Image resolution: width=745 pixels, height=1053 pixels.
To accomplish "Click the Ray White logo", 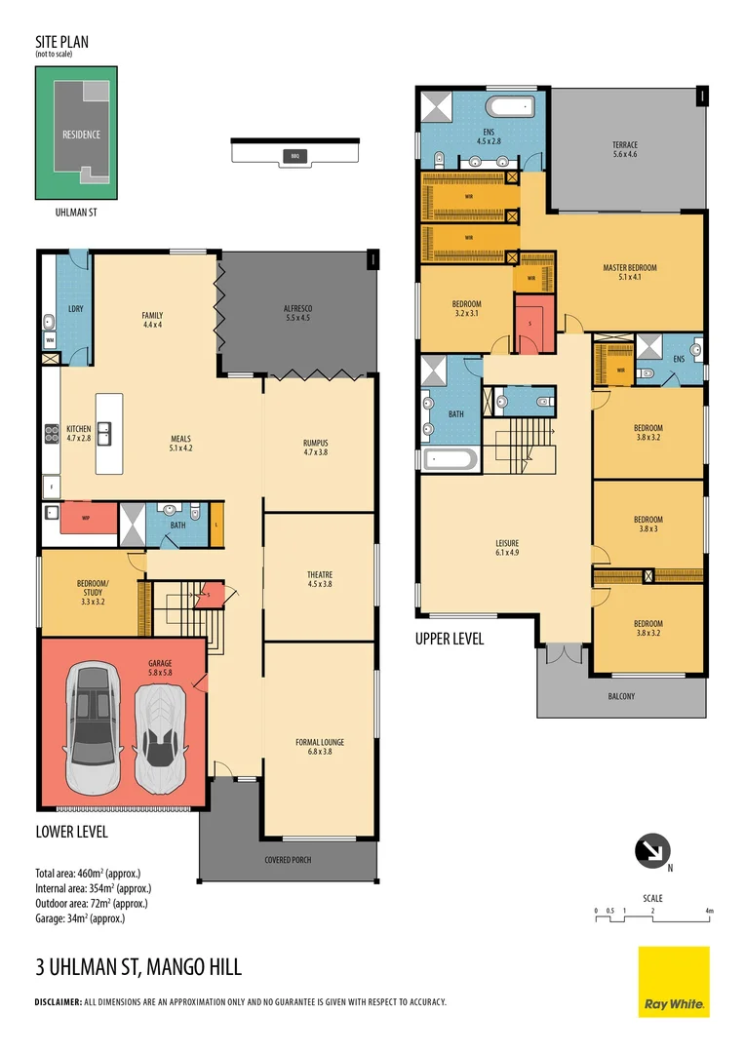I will point(674,982).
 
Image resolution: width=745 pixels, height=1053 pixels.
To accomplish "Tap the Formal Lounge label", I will point(320,747).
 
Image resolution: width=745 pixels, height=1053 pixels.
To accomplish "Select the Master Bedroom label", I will point(629,271).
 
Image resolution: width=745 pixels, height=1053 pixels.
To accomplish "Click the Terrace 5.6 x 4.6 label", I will point(624,148).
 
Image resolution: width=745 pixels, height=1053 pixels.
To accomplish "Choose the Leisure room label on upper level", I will point(507,548).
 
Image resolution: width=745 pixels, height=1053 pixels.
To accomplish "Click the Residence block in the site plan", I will point(81,135).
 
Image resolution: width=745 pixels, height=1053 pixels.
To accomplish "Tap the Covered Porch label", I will point(289,860).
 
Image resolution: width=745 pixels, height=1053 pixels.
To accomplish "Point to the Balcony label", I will point(620,696).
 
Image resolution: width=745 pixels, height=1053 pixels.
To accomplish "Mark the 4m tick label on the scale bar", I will point(710,911).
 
